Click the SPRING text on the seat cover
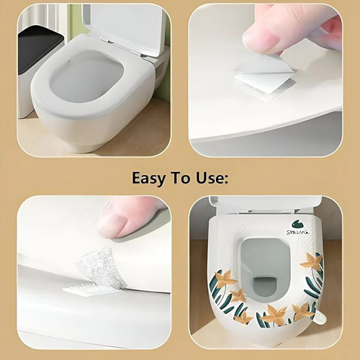click(x=297, y=232)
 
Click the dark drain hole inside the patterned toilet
click(x=265, y=289)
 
